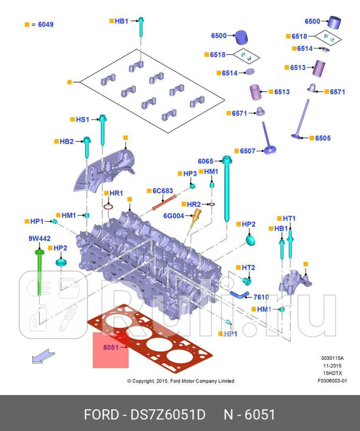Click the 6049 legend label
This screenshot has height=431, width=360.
point(45,24)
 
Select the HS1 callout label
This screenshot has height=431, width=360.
point(83,119)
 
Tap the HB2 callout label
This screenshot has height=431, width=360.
point(67,141)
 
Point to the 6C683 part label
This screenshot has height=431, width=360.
point(162,191)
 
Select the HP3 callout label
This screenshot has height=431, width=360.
point(190,173)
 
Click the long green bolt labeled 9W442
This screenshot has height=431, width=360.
point(39,271)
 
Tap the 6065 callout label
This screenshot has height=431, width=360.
point(206,161)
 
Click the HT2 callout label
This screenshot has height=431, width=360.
point(248,267)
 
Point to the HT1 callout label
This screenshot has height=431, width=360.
point(289,218)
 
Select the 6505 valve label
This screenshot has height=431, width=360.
point(323,138)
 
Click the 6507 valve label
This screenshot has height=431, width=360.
point(247,151)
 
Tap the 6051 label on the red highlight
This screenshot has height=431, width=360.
point(111,347)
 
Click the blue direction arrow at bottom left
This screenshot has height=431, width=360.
point(44,356)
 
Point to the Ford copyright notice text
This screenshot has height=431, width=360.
point(180,381)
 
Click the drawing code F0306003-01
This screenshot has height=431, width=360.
point(332,380)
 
